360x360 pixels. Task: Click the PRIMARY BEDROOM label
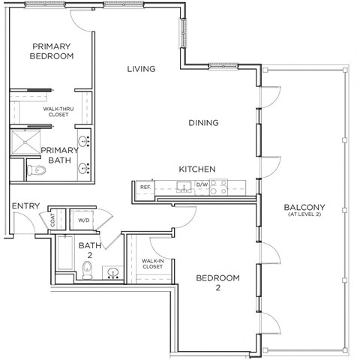pyautogui.click(x=52, y=50)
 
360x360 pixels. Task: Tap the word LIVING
pyautogui.click(x=140, y=69)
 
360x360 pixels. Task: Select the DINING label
pyautogui.click(x=203, y=123)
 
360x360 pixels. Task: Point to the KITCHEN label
pyautogui.click(x=197, y=169)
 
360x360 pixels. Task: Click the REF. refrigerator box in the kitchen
pyautogui.click(x=145, y=186)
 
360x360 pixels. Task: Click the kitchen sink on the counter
pyautogui.click(x=182, y=186)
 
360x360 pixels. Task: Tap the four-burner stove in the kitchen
pyautogui.click(x=217, y=186)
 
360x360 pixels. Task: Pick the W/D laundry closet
pyautogui.click(x=83, y=220)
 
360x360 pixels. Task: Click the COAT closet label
pyautogui.click(x=52, y=220)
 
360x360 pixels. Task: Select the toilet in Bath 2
pyautogui.click(x=87, y=274)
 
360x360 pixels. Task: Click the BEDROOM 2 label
pyautogui.click(x=217, y=283)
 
